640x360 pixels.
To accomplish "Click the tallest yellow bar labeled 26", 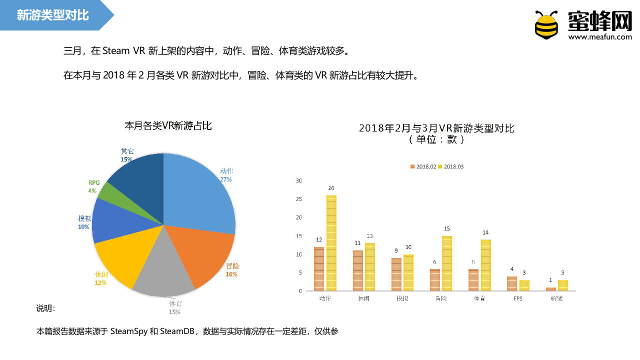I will pyautogui.click(x=331, y=242).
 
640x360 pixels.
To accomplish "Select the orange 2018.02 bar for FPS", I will pyautogui.click(x=511, y=283).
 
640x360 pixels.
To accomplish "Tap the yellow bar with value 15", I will pyautogui.click(x=447, y=263).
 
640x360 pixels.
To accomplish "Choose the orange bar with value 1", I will pyautogui.click(x=550, y=289).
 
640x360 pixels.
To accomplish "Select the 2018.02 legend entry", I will pyautogui.click(x=423, y=166).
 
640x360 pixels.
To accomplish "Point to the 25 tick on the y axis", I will pyautogui.click(x=299, y=199).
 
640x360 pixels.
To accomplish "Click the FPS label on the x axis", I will pyautogui.click(x=518, y=298).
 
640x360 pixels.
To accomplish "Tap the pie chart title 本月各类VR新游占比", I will pyautogui.click(x=168, y=126).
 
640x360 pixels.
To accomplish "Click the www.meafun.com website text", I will pyautogui.click(x=600, y=36).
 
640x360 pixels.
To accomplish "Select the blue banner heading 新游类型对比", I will pyautogui.click(x=52, y=15).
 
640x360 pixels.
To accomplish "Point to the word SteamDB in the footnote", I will pyautogui.click(x=178, y=331).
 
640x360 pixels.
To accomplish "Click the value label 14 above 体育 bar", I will pyautogui.click(x=485, y=232).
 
